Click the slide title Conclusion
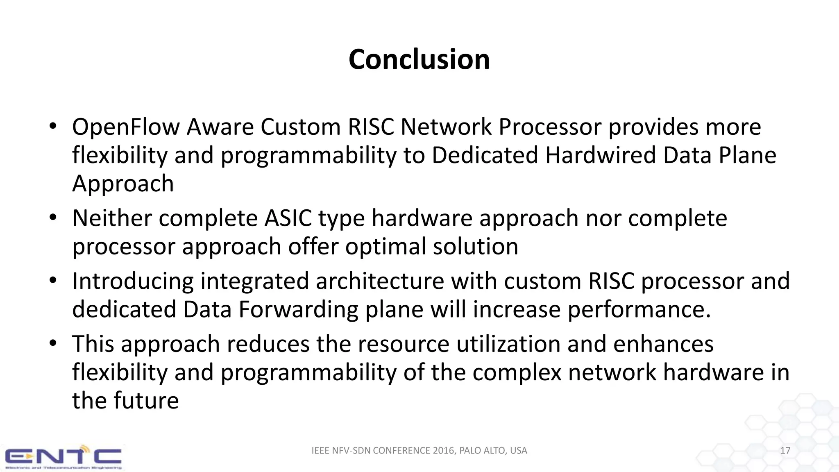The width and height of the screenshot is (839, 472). click(x=419, y=60)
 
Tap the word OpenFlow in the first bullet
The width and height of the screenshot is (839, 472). click(x=126, y=127)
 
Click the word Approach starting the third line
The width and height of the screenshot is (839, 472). click(x=123, y=184)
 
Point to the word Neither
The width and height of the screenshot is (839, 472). click(x=112, y=218)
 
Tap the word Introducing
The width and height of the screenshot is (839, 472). click(x=133, y=281)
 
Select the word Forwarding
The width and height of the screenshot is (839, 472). click(x=298, y=309)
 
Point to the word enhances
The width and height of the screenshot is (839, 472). click(x=663, y=344)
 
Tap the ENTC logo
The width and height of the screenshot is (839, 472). click(x=63, y=457)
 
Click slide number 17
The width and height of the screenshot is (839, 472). click(x=785, y=451)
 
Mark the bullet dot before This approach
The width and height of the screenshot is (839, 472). click(x=52, y=344)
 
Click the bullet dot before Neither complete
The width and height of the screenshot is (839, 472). click(x=52, y=218)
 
